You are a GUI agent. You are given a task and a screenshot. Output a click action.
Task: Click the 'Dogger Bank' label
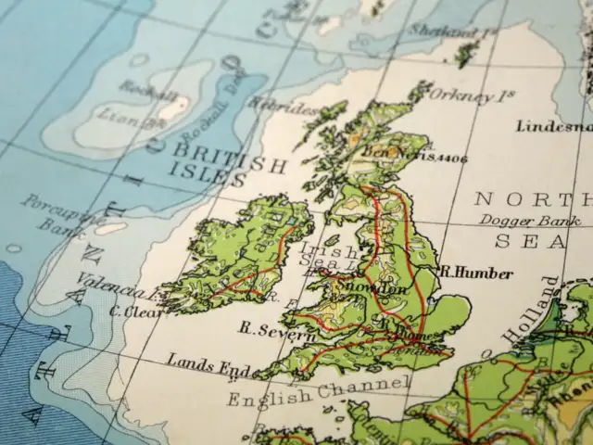(530, 221)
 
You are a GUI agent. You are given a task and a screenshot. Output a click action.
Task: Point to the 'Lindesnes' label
(554, 126)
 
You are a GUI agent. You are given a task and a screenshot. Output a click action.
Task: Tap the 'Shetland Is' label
(467, 33)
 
